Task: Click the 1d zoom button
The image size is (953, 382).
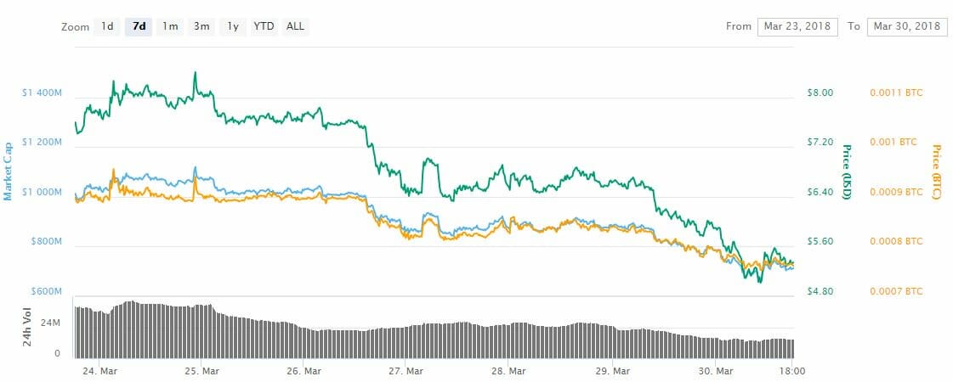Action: coord(107,26)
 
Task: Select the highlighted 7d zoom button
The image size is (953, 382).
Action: coord(139,26)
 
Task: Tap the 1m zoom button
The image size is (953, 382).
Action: coord(170,26)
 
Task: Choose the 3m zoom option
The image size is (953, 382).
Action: coord(201,26)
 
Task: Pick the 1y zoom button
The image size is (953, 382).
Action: coord(232,26)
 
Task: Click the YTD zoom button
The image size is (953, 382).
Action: coord(264,26)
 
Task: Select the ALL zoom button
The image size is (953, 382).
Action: coord(295,26)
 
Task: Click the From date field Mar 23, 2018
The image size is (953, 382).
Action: coord(797,26)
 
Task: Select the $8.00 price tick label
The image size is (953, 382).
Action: coord(820,93)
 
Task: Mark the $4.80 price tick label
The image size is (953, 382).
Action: coord(820,291)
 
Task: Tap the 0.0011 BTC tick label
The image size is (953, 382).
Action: coord(896,93)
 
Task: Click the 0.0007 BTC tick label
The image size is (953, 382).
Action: coord(896,291)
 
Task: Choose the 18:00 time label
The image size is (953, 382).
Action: coord(792,370)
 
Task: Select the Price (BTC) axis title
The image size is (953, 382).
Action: coord(936,172)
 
